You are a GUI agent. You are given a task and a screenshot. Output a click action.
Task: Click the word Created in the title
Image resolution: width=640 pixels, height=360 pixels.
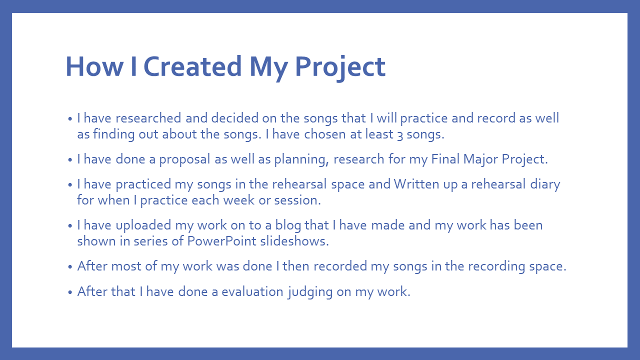point(192,66)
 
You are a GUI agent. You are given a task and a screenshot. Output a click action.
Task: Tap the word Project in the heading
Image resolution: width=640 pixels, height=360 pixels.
point(340,68)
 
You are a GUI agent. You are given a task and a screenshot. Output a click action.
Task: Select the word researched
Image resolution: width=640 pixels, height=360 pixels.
point(148,118)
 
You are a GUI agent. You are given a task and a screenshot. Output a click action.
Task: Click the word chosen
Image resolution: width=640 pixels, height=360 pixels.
point(325,134)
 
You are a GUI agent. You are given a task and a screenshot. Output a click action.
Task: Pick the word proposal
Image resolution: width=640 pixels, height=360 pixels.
point(185,159)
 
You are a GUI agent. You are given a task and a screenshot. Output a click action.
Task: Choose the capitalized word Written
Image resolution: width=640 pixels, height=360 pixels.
point(416,184)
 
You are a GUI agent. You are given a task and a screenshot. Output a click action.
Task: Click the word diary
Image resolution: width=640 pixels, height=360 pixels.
point(545,184)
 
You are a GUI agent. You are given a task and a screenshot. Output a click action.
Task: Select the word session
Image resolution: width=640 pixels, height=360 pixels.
point(297,200)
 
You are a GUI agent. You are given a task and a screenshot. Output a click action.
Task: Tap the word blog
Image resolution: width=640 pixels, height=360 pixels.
point(288,225)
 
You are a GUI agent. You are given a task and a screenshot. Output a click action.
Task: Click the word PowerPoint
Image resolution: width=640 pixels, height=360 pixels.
point(222,241)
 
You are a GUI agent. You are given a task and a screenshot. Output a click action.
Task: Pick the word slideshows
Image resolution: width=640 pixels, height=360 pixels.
point(294,241)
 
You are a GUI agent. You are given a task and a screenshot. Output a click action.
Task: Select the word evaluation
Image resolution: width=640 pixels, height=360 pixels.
point(252,291)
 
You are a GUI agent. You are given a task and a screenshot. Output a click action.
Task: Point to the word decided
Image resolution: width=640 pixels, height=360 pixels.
point(235,118)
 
